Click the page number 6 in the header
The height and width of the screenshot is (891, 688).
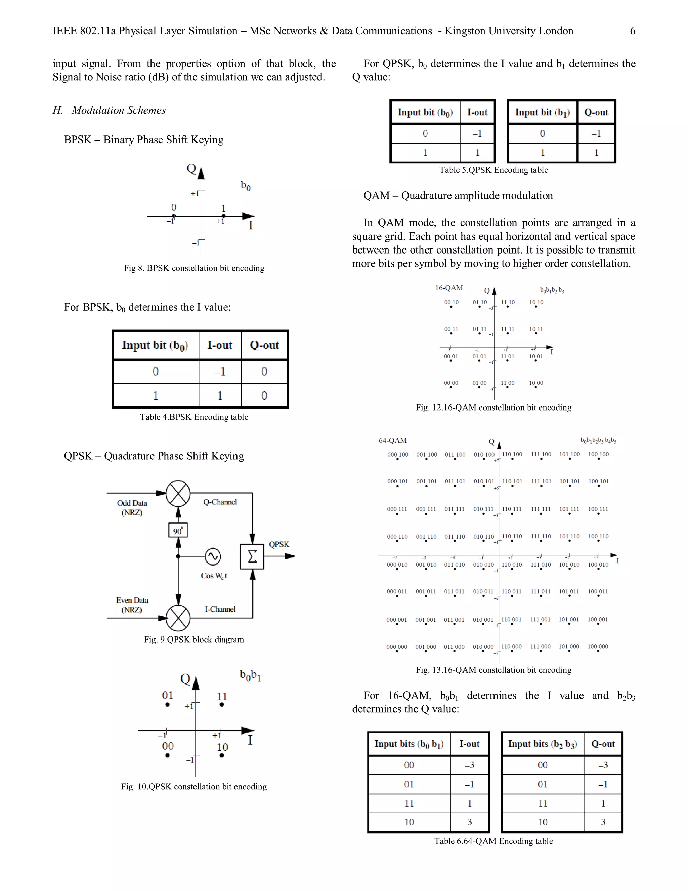pos(632,31)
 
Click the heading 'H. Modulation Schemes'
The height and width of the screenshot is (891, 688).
pos(109,110)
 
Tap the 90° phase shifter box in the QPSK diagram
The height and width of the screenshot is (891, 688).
pos(178,530)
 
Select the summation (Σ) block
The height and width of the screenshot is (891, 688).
pos(252,556)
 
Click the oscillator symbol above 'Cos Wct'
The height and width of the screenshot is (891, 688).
pos(213,556)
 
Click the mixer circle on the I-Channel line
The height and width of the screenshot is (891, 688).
pos(178,618)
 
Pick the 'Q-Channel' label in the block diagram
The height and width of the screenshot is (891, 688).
pos(220,502)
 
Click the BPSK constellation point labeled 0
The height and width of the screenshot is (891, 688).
pos(174,216)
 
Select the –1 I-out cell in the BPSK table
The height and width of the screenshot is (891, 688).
pos(220,371)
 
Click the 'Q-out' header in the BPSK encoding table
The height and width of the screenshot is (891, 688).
pos(264,345)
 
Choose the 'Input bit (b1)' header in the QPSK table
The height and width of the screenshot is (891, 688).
pos(542,112)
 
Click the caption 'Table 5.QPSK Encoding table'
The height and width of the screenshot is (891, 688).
pos(493,170)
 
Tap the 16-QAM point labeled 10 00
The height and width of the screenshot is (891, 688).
pos(535,387)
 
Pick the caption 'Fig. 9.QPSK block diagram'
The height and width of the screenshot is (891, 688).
pos(194,639)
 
